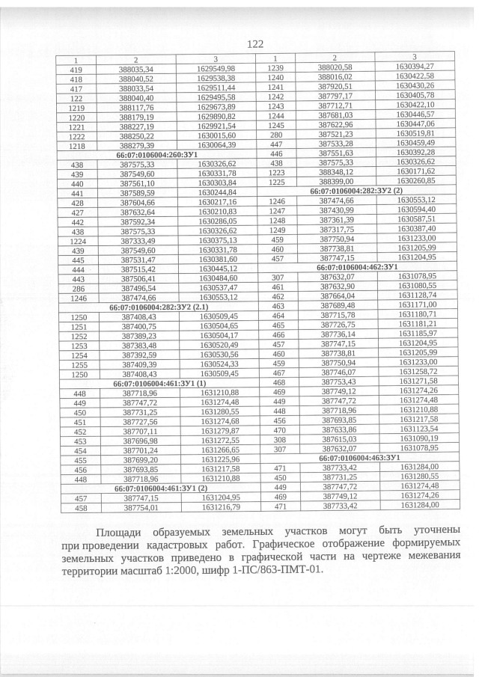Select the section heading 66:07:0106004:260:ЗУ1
click(x=156, y=153)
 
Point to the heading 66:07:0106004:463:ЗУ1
click(x=361, y=456)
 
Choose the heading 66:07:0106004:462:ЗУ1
click(x=360, y=266)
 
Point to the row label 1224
click(x=76, y=239)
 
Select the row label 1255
click(x=76, y=364)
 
